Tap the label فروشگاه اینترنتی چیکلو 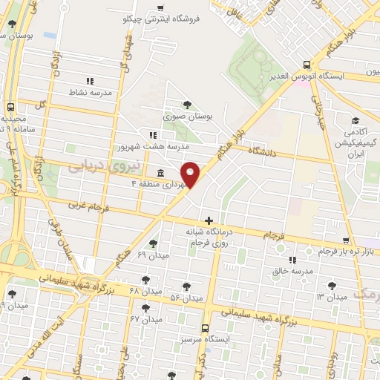tap(162, 19)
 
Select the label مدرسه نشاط tap(91, 92)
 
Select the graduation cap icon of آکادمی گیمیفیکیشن tap(356, 120)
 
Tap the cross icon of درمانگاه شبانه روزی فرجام tap(209, 220)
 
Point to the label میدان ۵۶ tap(186, 297)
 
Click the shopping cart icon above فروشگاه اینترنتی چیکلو tap(161, 8)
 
